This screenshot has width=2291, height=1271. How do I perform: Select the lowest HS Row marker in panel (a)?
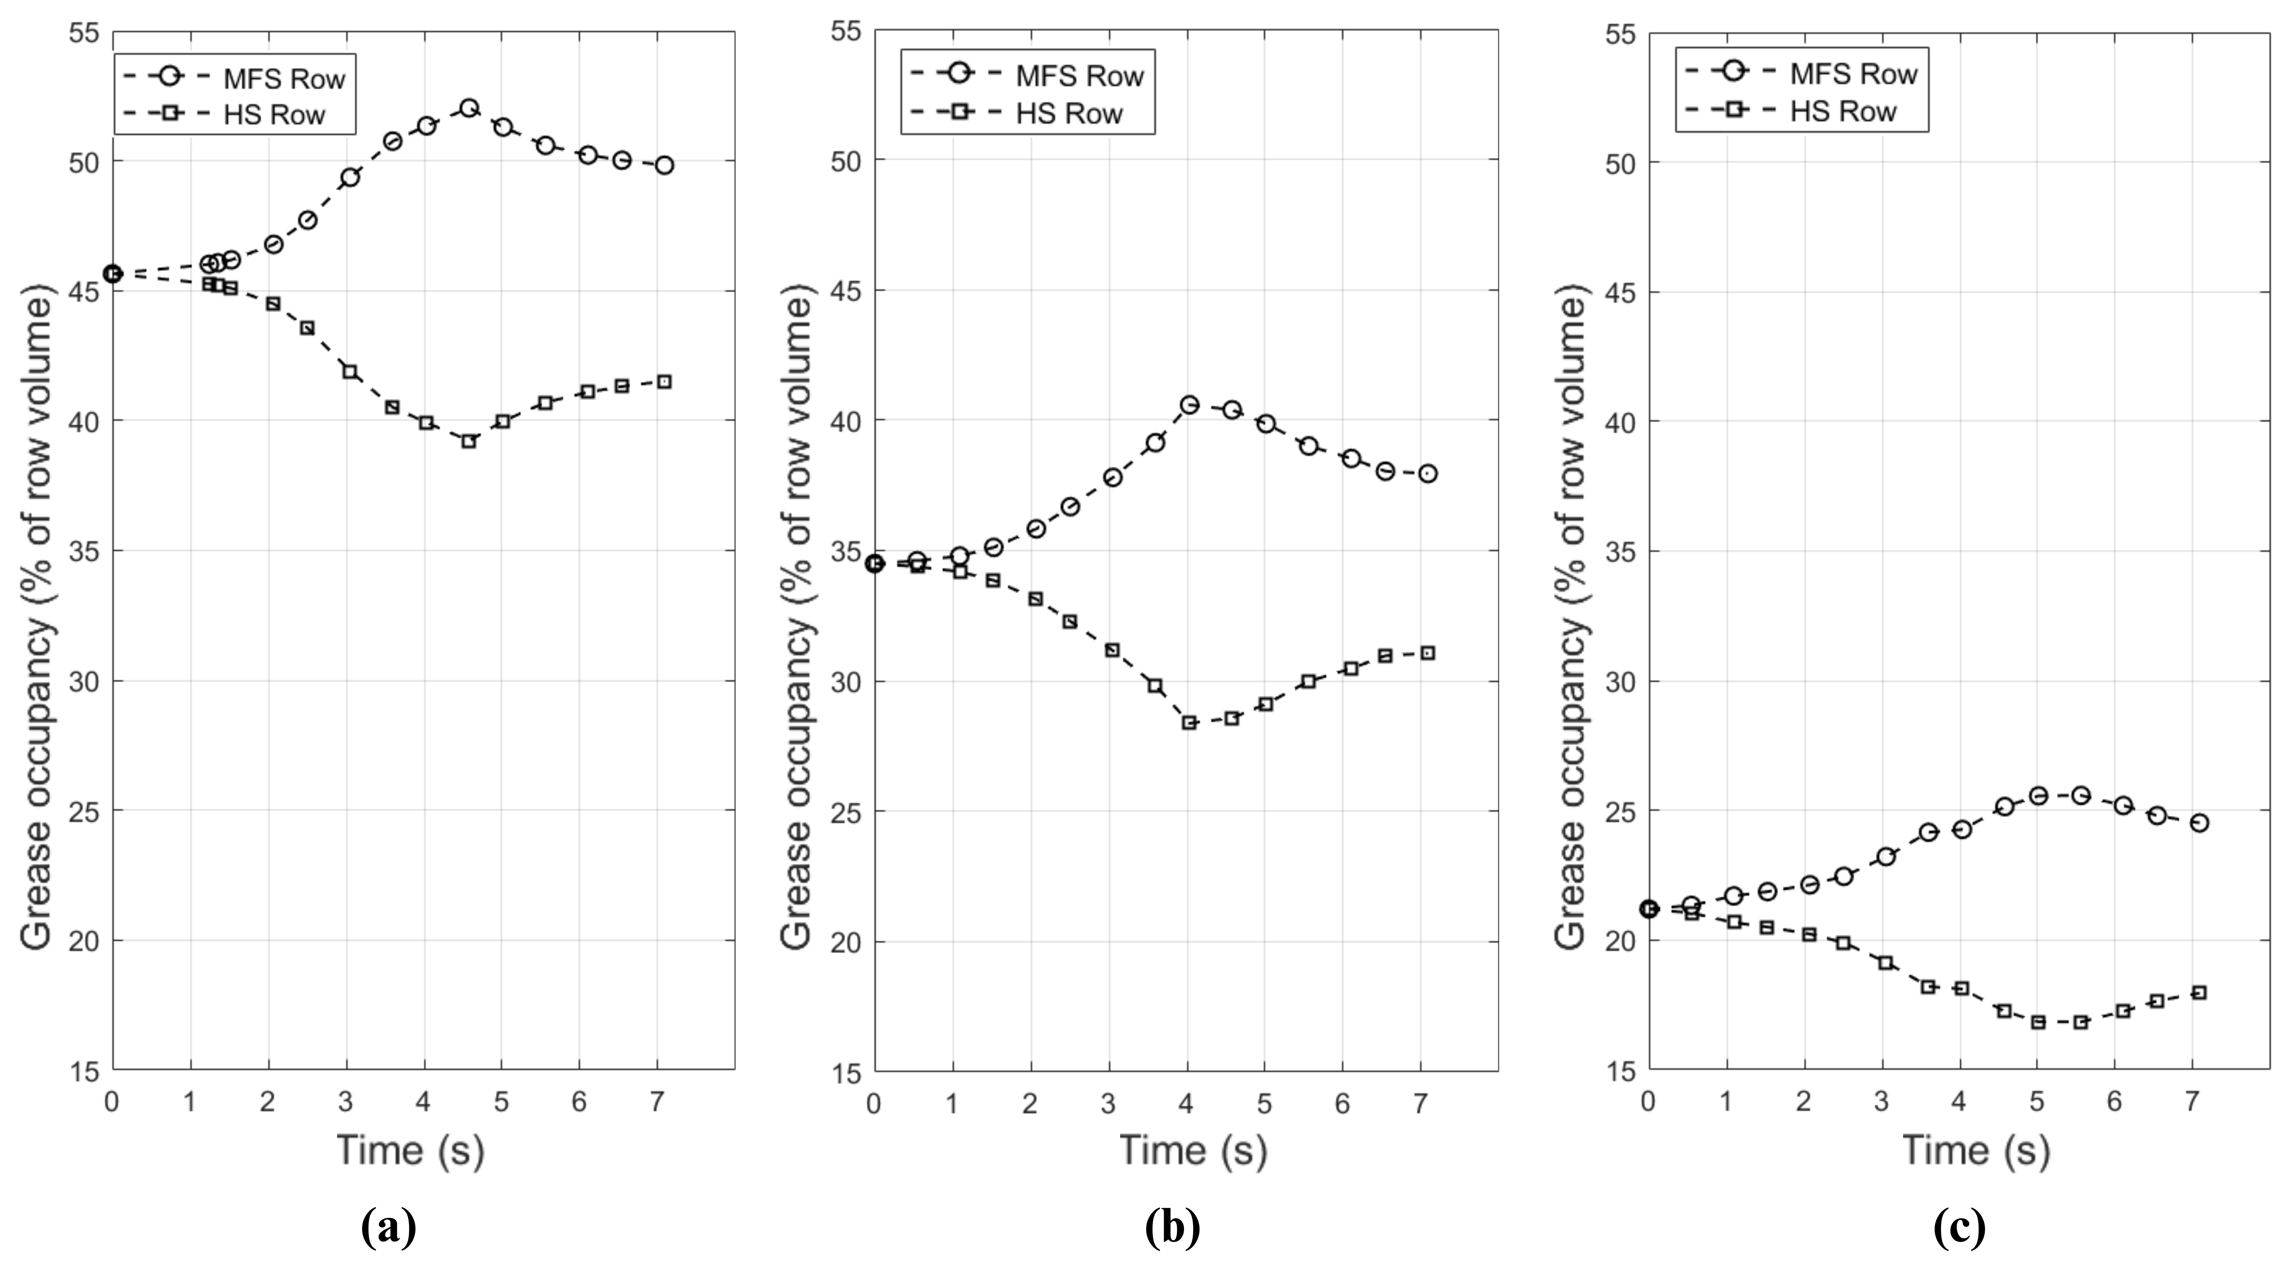[x=469, y=441]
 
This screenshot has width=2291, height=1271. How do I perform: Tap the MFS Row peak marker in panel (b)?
[x=1189, y=405]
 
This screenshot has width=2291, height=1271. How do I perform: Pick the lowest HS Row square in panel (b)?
[x=1189, y=723]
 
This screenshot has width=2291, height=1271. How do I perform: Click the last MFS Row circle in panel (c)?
[x=2199, y=824]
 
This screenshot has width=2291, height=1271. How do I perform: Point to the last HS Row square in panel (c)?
[x=2199, y=992]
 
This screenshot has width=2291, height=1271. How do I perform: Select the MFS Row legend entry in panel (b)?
[x=1027, y=76]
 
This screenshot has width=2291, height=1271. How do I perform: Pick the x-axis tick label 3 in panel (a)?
[x=346, y=1103]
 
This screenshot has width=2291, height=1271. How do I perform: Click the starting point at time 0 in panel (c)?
[x=1649, y=909]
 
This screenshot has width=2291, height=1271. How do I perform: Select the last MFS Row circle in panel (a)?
[x=664, y=165]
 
